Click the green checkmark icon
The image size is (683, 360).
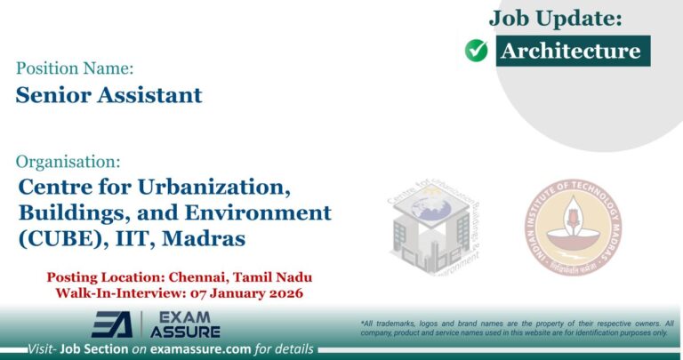coord(477,52)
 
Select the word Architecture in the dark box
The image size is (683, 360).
coord(570,51)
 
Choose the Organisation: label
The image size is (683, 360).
coord(69,162)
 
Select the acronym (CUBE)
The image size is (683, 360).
coord(59,238)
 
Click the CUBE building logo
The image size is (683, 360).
coord(434,228)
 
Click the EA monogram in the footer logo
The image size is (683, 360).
coord(112,324)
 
